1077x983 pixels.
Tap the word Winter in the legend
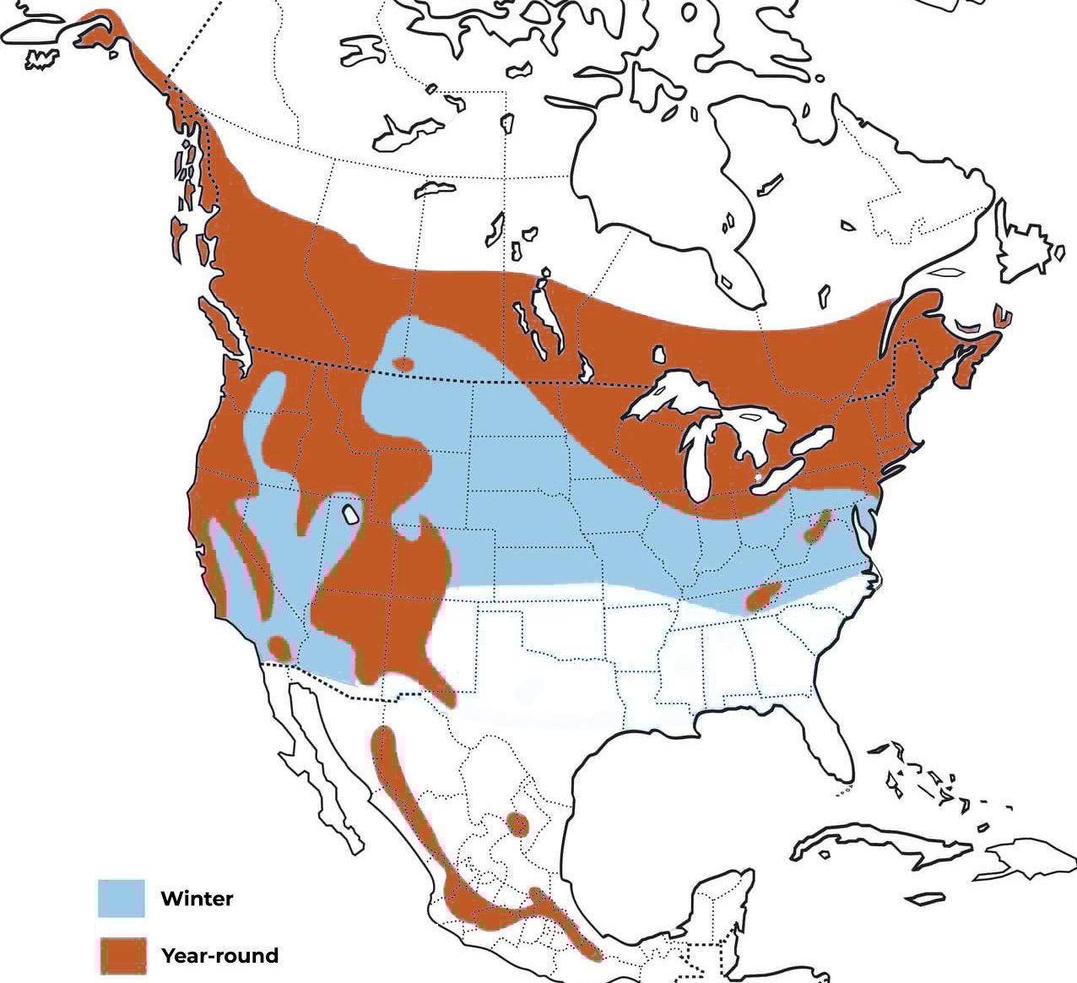(x=197, y=899)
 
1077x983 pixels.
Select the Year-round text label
(x=219, y=956)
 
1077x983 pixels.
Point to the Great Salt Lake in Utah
(x=349, y=513)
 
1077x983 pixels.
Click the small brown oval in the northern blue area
(x=403, y=364)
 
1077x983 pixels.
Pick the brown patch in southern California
(x=279, y=649)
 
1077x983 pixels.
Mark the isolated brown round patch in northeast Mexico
(x=517, y=823)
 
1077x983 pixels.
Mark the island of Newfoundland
(x=1026, y=245)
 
